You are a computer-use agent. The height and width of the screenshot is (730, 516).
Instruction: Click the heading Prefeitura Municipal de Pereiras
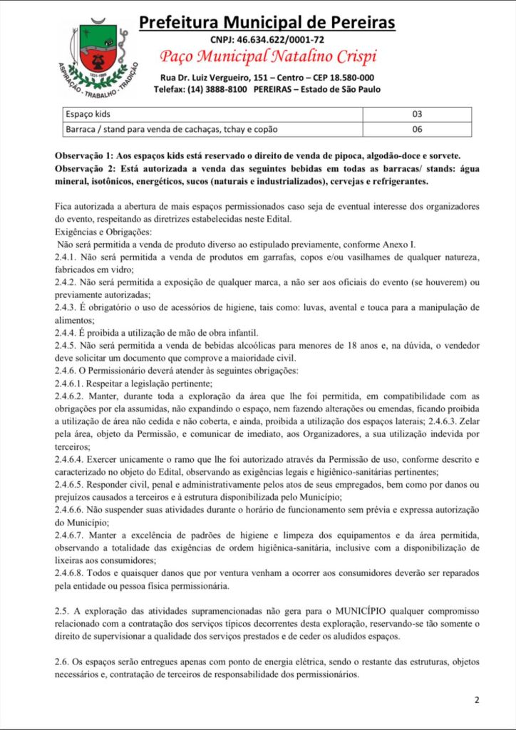coord(267,23)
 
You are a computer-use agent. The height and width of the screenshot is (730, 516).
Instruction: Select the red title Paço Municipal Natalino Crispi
coord(267,57)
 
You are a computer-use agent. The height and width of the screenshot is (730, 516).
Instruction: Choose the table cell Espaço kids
coord(88,114)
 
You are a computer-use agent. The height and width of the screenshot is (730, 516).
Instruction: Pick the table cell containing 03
coord(417,114)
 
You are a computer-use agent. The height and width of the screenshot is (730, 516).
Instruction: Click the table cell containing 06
coord(417,129)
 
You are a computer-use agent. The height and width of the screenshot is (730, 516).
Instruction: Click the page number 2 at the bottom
coord(476,700)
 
